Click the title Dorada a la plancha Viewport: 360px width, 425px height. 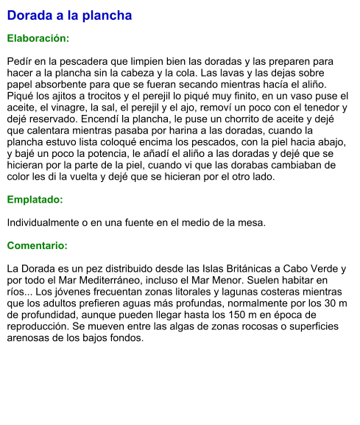69,15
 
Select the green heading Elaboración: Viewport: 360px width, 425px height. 38,38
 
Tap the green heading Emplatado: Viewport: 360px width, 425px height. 35,200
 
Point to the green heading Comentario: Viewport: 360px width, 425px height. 38,245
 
